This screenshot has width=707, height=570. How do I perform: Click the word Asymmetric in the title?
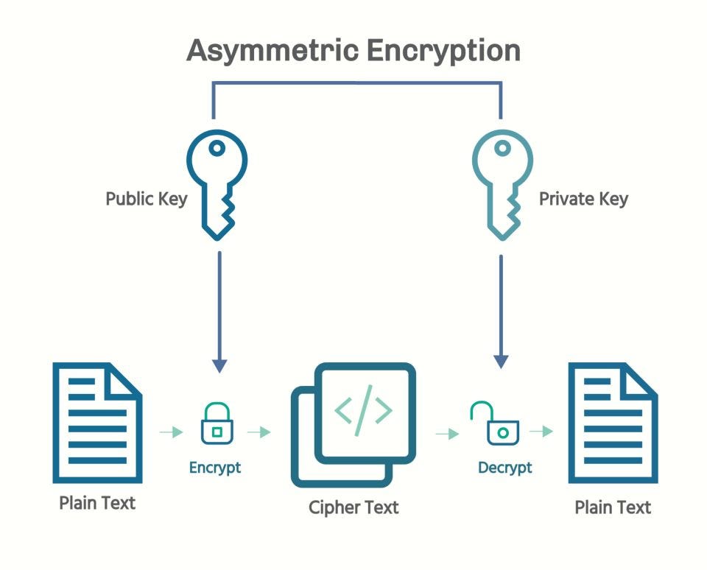tap(271, 51)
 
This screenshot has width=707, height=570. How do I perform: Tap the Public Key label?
tap(146, 199)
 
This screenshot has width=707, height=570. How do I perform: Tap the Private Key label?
tap(583, 199)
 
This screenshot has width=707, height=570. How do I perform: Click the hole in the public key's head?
tap(217, 148)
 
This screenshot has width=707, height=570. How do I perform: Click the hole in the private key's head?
tap(502, 148)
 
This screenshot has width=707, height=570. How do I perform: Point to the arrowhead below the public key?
tap(219, 365)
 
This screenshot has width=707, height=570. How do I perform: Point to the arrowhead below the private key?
tap(501, 361)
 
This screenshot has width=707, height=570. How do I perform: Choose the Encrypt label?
tap(215, 468)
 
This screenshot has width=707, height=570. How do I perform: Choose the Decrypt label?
tap(504, 468)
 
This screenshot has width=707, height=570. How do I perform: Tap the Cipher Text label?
tap(353, 507)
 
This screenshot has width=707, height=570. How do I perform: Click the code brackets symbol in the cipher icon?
tap(363, 411)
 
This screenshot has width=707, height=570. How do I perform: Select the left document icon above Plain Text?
tap(97, 423)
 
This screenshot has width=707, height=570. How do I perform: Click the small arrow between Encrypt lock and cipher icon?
tap(259, 432)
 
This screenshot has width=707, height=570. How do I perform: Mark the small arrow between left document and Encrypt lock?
tap(171, 432)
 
